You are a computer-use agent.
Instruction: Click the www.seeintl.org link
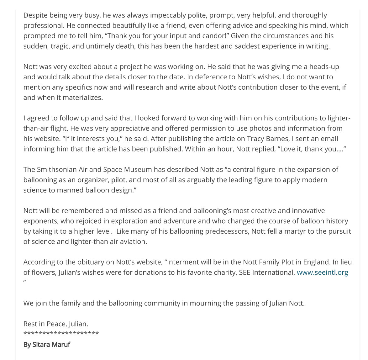322,273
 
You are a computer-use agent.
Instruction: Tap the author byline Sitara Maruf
47,345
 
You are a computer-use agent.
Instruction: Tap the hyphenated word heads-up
324,67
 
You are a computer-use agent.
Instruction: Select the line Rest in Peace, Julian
56,324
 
